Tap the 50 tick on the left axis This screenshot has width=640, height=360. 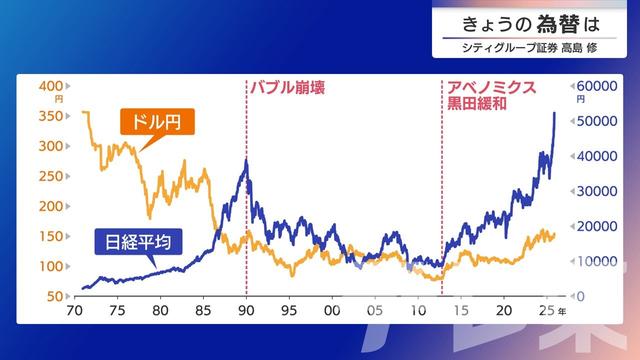tap(56, 297)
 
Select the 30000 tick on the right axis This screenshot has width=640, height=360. tap(592, 191)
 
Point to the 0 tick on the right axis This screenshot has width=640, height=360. tap(577, 297)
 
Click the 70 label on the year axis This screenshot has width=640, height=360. tap(73, 312)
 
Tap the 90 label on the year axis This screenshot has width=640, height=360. tap(246, 312)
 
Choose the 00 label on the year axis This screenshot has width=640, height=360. tap(332, 312)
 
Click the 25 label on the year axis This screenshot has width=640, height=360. tap(546, 312)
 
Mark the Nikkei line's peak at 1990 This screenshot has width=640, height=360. tap(246, 159)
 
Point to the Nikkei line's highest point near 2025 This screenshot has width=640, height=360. tap(555, 113)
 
